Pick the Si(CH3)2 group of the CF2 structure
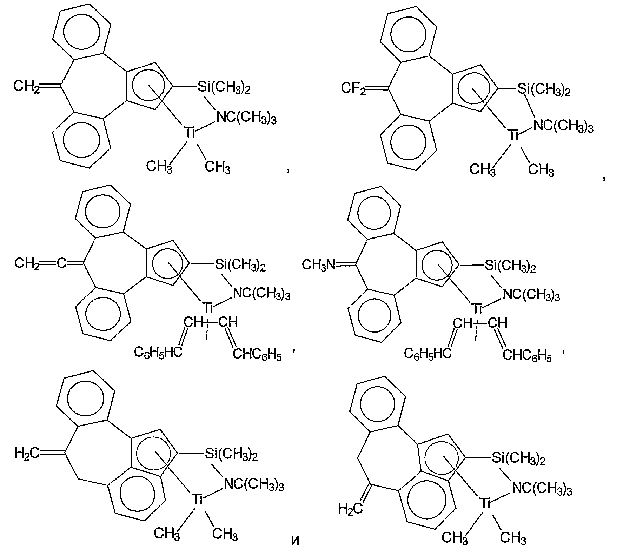[544, 91]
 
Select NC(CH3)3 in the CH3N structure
[531, 295]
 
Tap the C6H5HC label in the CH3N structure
[428, 353]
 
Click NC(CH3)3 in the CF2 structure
[563, 126]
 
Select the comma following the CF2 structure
[603, 179]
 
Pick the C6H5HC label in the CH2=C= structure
[158, 352]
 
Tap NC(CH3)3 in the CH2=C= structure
[262, 294]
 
